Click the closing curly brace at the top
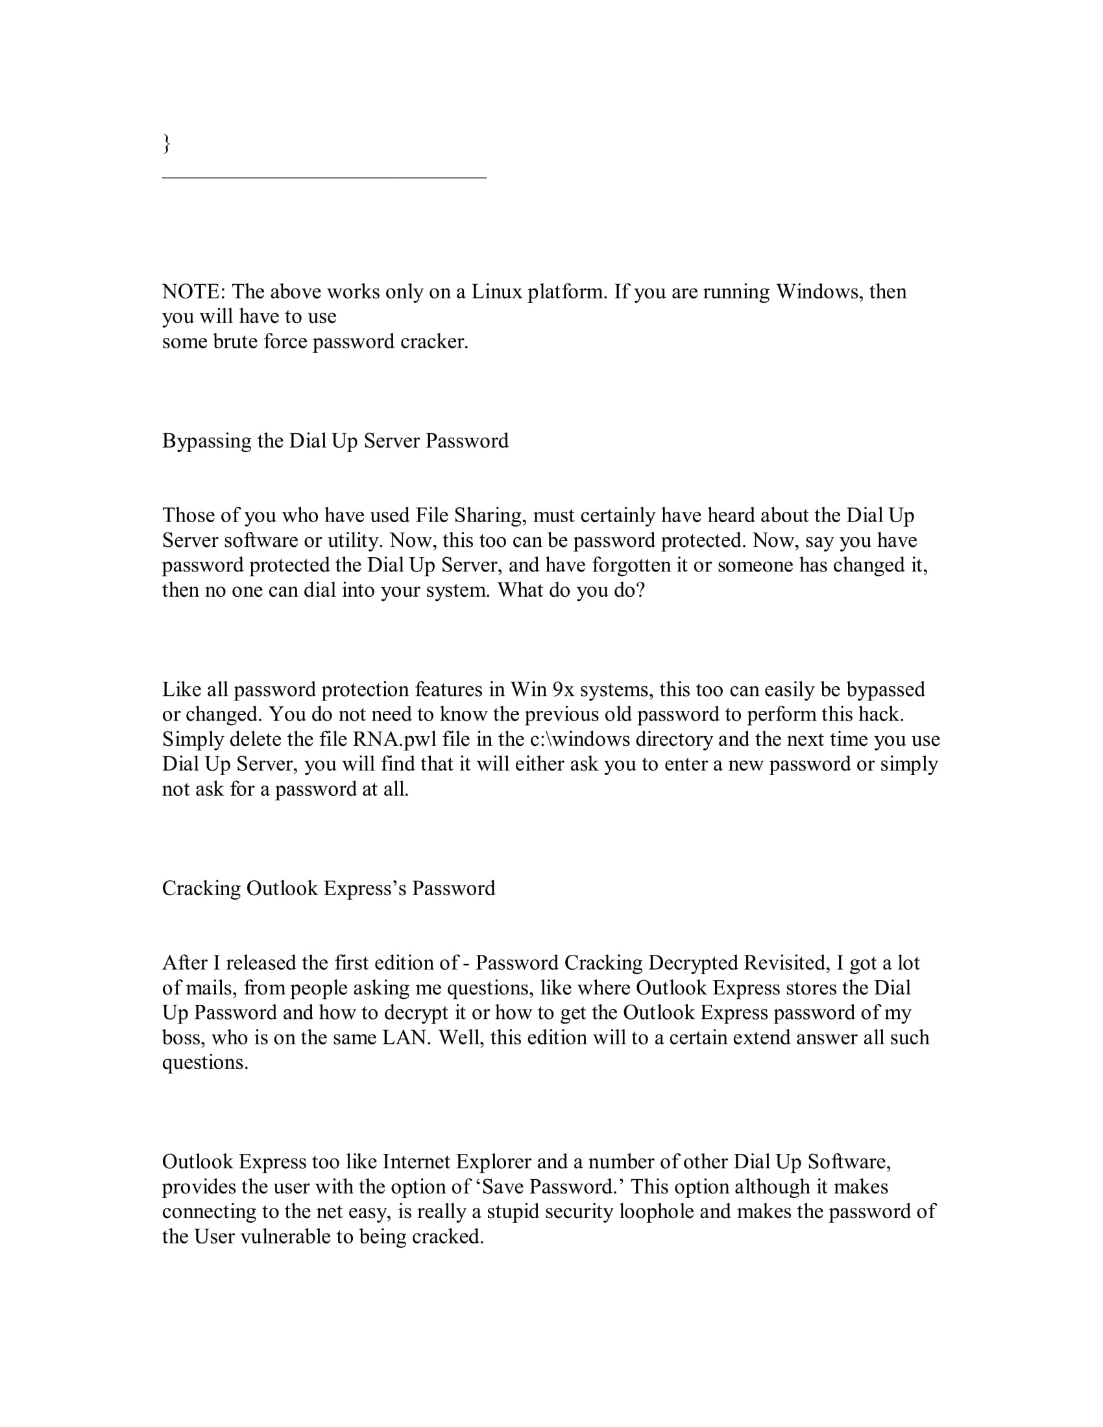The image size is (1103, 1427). point(167,143)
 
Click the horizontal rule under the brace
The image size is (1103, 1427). point(324,177)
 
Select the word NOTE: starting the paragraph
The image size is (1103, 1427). point(193,291)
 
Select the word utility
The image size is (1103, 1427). point(359,540)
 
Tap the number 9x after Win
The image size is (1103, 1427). point(563,690)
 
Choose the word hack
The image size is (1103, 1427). point(883,715)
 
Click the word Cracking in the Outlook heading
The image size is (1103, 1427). point(201,889)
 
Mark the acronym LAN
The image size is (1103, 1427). point(407,1038)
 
